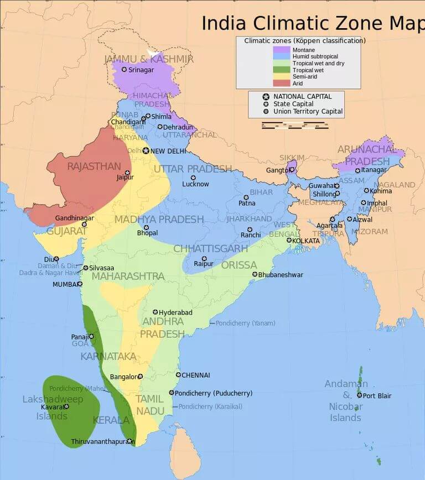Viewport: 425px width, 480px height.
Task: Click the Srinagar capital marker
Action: [124, 70]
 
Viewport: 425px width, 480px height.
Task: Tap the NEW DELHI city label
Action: [169, 151]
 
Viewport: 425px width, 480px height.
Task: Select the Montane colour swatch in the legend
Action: [281, 50]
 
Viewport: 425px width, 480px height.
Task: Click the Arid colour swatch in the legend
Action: [281, 84]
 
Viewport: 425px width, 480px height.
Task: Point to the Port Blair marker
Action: [359, 395]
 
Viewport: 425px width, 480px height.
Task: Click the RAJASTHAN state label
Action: [94, 166]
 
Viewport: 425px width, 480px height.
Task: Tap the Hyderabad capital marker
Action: [156, 312]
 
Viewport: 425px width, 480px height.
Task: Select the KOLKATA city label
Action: [307, 241]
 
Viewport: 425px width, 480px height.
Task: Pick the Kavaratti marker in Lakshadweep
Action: [66, 406]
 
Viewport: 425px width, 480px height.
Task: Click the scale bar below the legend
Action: [295, 125]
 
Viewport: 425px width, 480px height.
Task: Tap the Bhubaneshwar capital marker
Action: [255, 274]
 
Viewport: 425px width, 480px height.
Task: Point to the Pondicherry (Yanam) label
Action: [245, 323]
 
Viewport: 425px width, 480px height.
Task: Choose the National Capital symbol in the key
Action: [266, 97]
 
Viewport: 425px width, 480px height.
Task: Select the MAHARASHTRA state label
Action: [128, 276]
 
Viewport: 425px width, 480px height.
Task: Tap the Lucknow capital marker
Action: [193, 178]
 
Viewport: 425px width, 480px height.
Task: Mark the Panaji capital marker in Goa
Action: [91, 336]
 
